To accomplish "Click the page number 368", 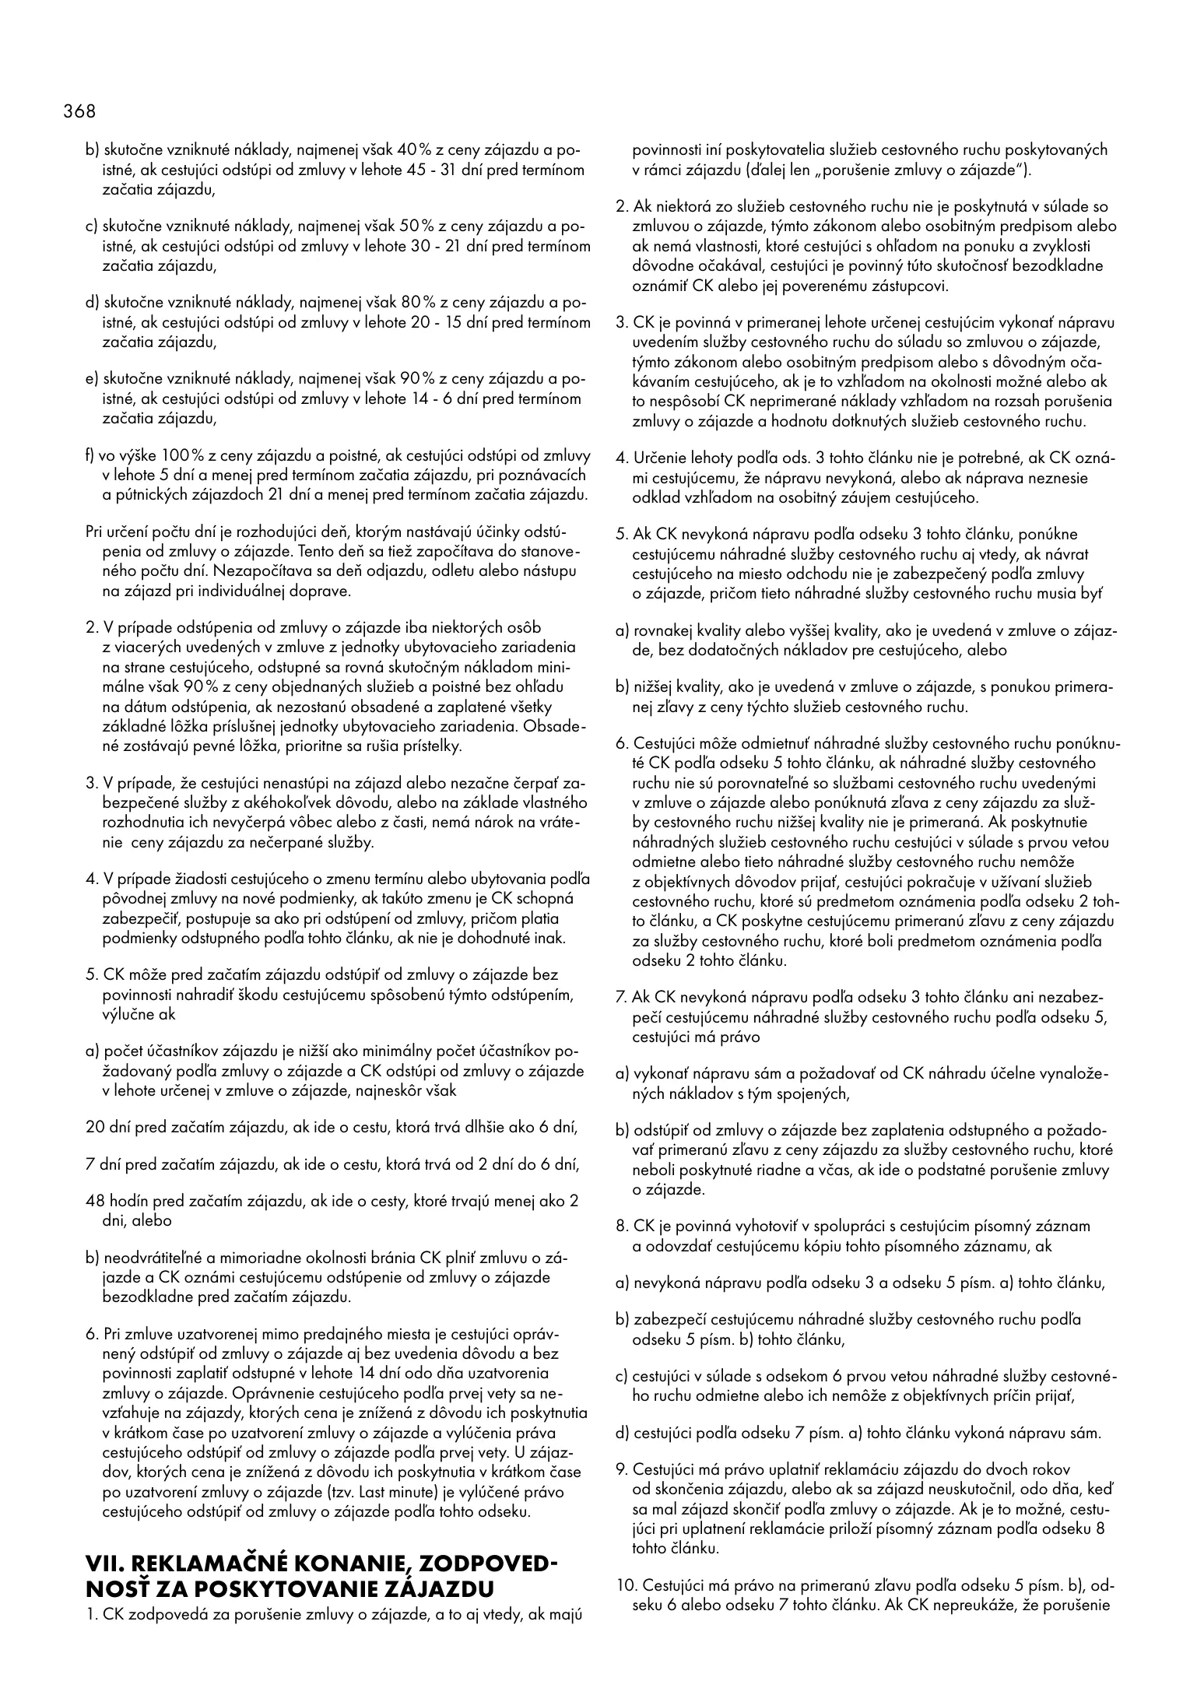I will (79, 111).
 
